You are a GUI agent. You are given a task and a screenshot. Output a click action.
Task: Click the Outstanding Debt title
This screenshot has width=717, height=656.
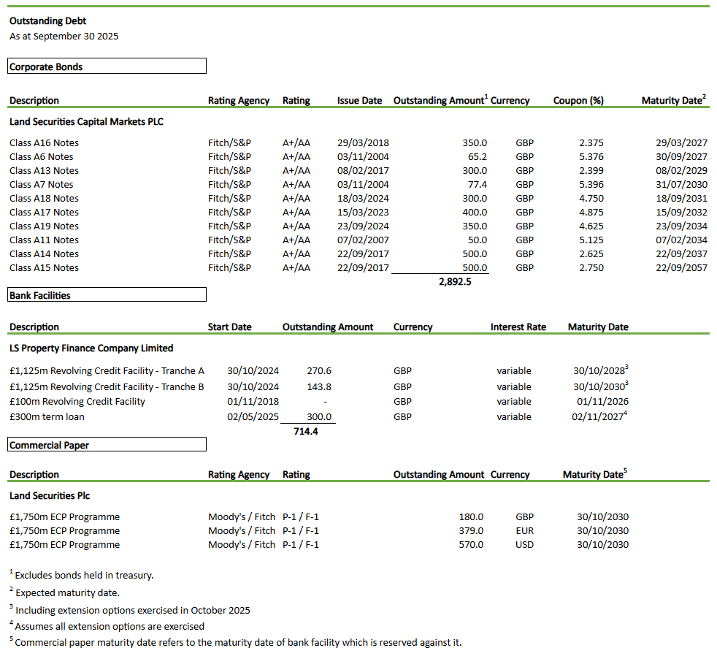pyautogui.click(x=47, y=21)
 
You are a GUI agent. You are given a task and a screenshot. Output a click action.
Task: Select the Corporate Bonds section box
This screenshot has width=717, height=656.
pyautogui.click(x=107, y=66)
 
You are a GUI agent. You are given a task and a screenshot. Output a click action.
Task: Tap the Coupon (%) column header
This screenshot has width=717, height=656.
pyautogui.click(x=578, y=101)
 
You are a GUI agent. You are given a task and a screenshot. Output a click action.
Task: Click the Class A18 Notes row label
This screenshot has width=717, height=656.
pyautogui.click(x=44, y=198)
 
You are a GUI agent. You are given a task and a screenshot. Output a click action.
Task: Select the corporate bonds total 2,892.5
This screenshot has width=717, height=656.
pyautogui.click(x=455, y=281)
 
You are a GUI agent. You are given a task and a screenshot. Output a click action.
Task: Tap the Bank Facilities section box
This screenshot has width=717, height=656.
pyautogui.click(x=107, y=295)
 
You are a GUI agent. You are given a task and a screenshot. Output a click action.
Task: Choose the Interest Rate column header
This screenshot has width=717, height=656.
pyautogui.click(x=518, y=327)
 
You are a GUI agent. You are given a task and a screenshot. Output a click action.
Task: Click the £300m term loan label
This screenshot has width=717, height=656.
pyautogui.click(x=47, y=416)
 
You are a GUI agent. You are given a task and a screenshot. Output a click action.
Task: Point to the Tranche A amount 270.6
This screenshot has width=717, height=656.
pyautogui.click(x=319, y=371)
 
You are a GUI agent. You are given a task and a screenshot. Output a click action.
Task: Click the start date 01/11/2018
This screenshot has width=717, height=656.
pyautogui.click(x=253, y=401)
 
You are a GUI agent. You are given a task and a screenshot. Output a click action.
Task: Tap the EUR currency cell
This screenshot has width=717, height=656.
pyautogui.click(x=524, y=530)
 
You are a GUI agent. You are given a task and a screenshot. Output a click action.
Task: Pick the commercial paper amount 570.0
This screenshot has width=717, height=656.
pyautogui.click(x=471, y=544)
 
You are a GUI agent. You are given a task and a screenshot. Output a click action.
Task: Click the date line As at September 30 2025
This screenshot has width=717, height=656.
pyautogui.click(x=64, y=36)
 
